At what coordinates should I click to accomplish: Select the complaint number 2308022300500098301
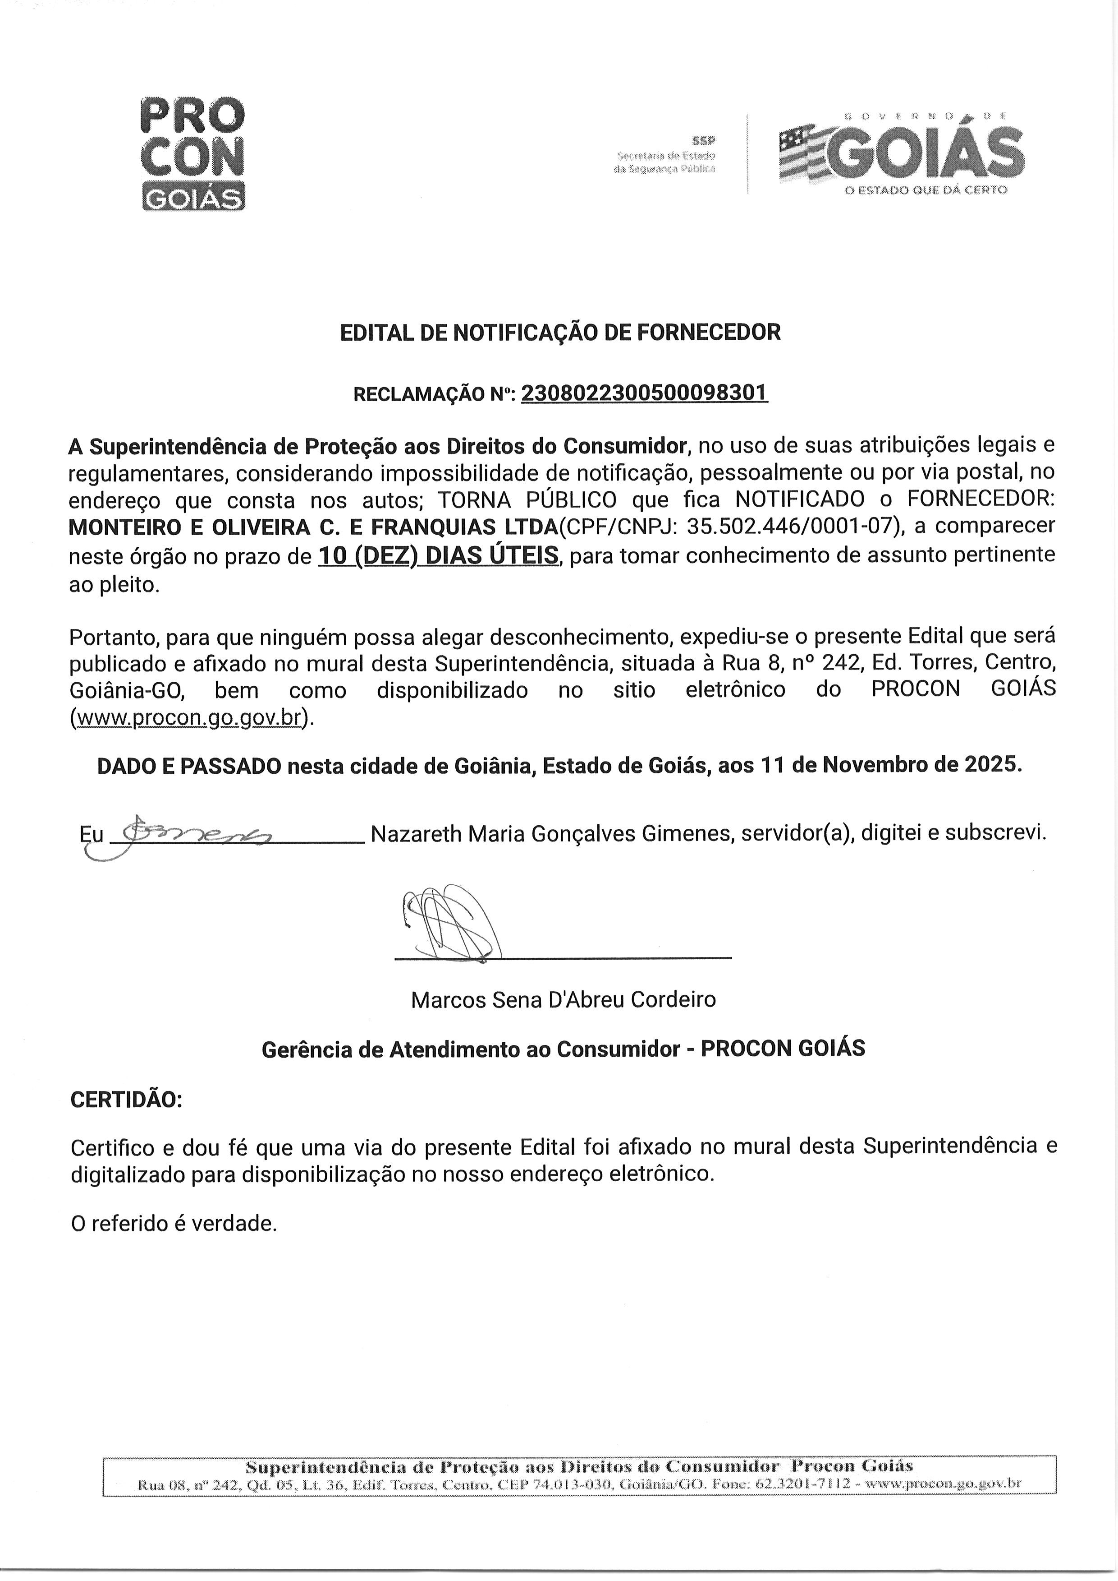[x=644, y=393]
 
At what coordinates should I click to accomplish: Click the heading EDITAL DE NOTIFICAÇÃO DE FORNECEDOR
[x=560, y=333]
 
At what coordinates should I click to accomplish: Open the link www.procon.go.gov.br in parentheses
[x=190, y=718]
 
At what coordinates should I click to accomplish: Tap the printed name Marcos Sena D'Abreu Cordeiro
[x=563, y=999]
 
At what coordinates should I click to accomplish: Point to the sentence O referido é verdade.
[x=174, y=1224]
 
